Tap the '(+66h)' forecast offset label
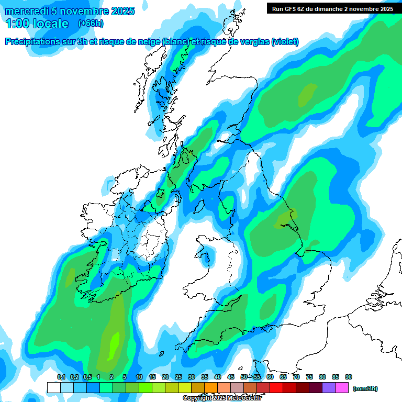point(91,23)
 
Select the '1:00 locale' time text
point(37,23)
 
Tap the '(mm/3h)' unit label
point(365,388)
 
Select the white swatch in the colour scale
point(53,388)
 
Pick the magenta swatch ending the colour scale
point(342,388)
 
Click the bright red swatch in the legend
point(277,388)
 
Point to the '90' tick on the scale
point(348,377)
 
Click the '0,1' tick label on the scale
point(61,377)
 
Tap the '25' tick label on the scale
point(178,377)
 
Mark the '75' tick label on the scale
point(309,377)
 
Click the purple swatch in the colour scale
point(329,388)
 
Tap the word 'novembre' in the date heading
point(81,11)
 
